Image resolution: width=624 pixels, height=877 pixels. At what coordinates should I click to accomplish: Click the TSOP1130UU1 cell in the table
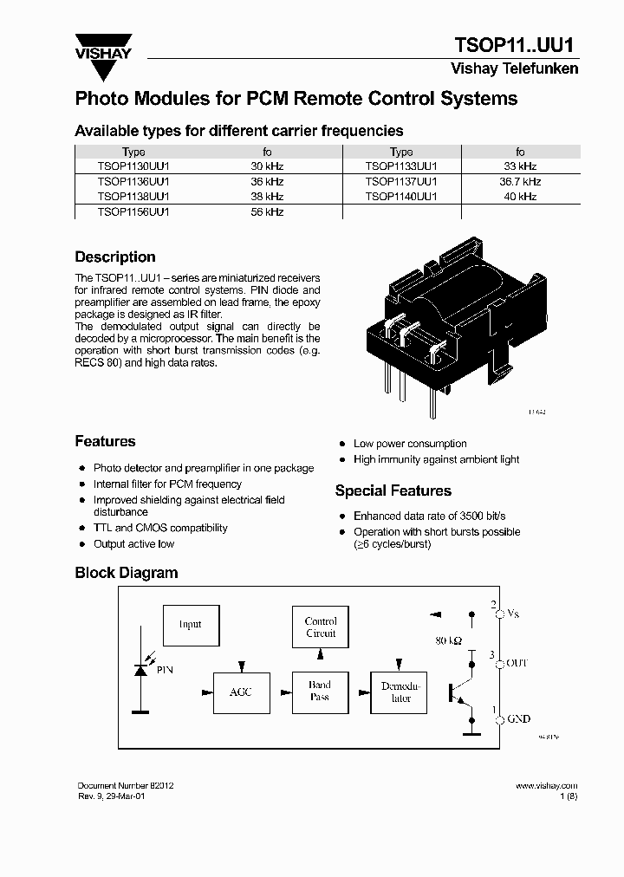[x=133, y=166]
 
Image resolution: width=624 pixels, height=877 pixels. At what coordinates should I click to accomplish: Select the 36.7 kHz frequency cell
[x=520, y=181]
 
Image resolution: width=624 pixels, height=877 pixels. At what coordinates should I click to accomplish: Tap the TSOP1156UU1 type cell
[x=133, y=211]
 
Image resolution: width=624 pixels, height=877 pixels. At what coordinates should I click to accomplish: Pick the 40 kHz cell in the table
[x=520, y=197]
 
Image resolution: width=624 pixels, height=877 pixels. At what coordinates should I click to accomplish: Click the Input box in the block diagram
[x=190, y=624]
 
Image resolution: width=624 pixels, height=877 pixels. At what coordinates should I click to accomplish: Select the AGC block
[x=240, y=692]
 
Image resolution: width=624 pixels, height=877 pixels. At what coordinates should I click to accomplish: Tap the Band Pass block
[x=320, y=691]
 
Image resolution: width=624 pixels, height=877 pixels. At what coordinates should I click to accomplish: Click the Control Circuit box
[x=321, y=627]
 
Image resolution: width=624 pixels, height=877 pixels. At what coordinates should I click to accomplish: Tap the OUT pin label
[x=517, y=663]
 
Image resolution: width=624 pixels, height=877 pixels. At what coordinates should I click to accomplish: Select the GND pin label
[x=518, y=719]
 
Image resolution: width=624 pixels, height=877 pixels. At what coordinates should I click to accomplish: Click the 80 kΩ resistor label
[x=448, y=640]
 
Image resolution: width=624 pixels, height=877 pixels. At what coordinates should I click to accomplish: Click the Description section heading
[x=115, y=257]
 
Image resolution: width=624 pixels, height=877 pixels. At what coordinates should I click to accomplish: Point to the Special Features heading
[x=393, y=491]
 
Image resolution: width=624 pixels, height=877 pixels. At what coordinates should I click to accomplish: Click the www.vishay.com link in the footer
[x=546, y=785]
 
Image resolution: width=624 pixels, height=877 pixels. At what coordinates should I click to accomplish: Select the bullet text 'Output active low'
[x=133, y=544]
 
